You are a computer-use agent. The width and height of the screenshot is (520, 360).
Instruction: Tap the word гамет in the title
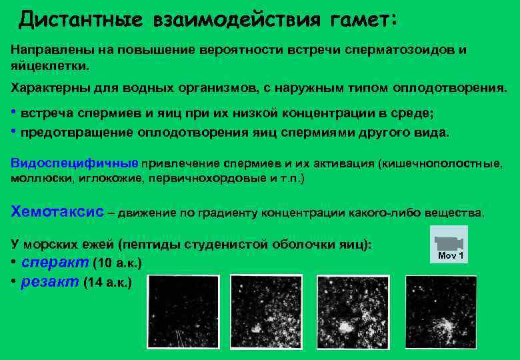tap(360, 20)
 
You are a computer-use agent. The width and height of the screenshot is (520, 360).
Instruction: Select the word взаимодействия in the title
tap(235, 20)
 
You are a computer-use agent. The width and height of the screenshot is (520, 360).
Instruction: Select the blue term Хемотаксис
tap(58, 211)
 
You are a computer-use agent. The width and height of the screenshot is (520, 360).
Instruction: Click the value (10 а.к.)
tap(119, 262)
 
